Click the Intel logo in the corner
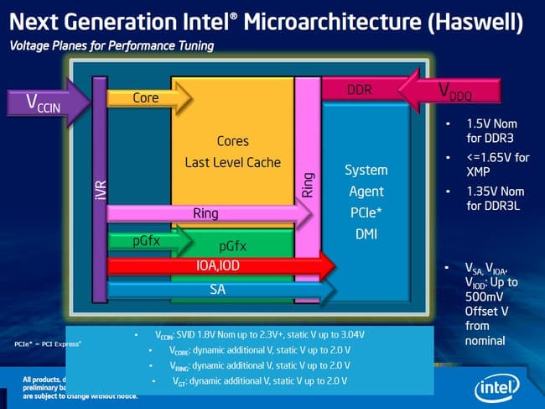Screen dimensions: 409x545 click(x=501, y=387)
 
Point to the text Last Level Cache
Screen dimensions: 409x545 click(x=232, y=161)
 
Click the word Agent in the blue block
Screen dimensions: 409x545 click(x=366, y=191)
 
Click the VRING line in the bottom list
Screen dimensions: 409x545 click(x=247, y=367)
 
